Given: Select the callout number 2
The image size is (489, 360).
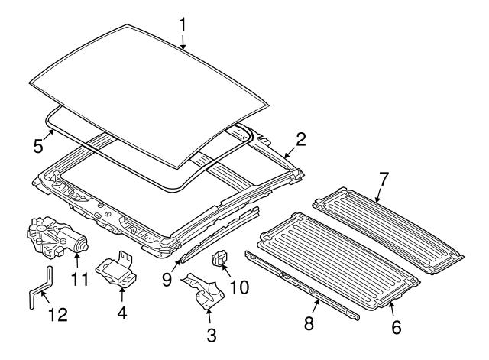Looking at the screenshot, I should click(301, 138).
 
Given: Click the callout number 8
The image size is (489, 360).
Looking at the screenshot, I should click(308, 323).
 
